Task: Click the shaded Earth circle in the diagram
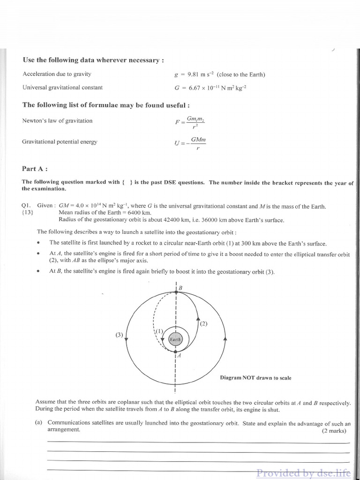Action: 175,338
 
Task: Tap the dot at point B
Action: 176,292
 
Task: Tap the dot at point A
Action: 175,351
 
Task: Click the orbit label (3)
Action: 119,335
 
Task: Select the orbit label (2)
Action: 203,323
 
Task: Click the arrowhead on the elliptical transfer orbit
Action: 198,318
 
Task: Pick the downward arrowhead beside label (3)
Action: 127,338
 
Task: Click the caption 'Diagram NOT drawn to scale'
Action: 255,378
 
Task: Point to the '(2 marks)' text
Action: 334,431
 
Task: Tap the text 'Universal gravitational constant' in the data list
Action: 62,87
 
